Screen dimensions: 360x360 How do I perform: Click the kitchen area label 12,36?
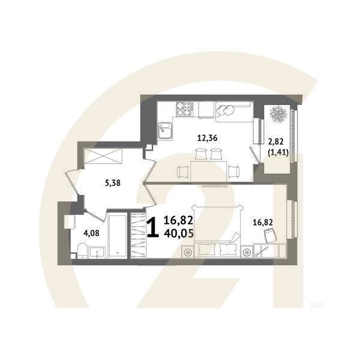coord(207,138)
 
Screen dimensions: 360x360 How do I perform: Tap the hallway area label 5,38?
coord(113,184)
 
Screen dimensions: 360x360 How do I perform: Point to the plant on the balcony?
coord(278,115)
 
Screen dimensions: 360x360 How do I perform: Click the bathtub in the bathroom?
coord(118,235)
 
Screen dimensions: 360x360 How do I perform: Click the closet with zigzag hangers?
coord(138,235)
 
